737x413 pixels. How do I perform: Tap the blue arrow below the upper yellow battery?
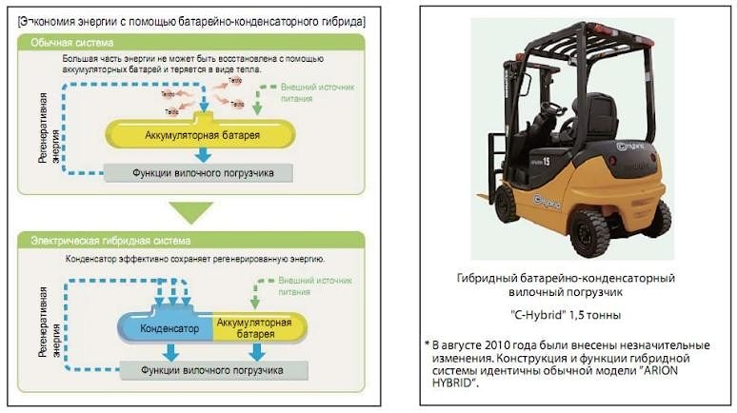pyautogui.click(x=203, y=155)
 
